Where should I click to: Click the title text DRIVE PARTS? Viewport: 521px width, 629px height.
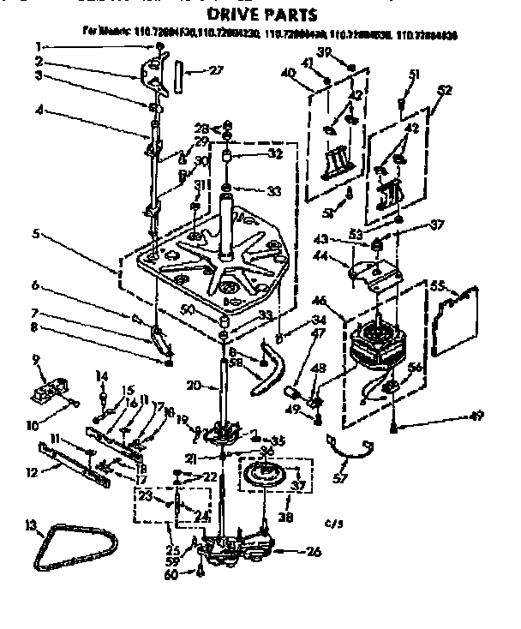[252, 15]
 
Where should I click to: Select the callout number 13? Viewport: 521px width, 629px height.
[32, 524]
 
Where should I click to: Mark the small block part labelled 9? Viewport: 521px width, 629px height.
[50, 389]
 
